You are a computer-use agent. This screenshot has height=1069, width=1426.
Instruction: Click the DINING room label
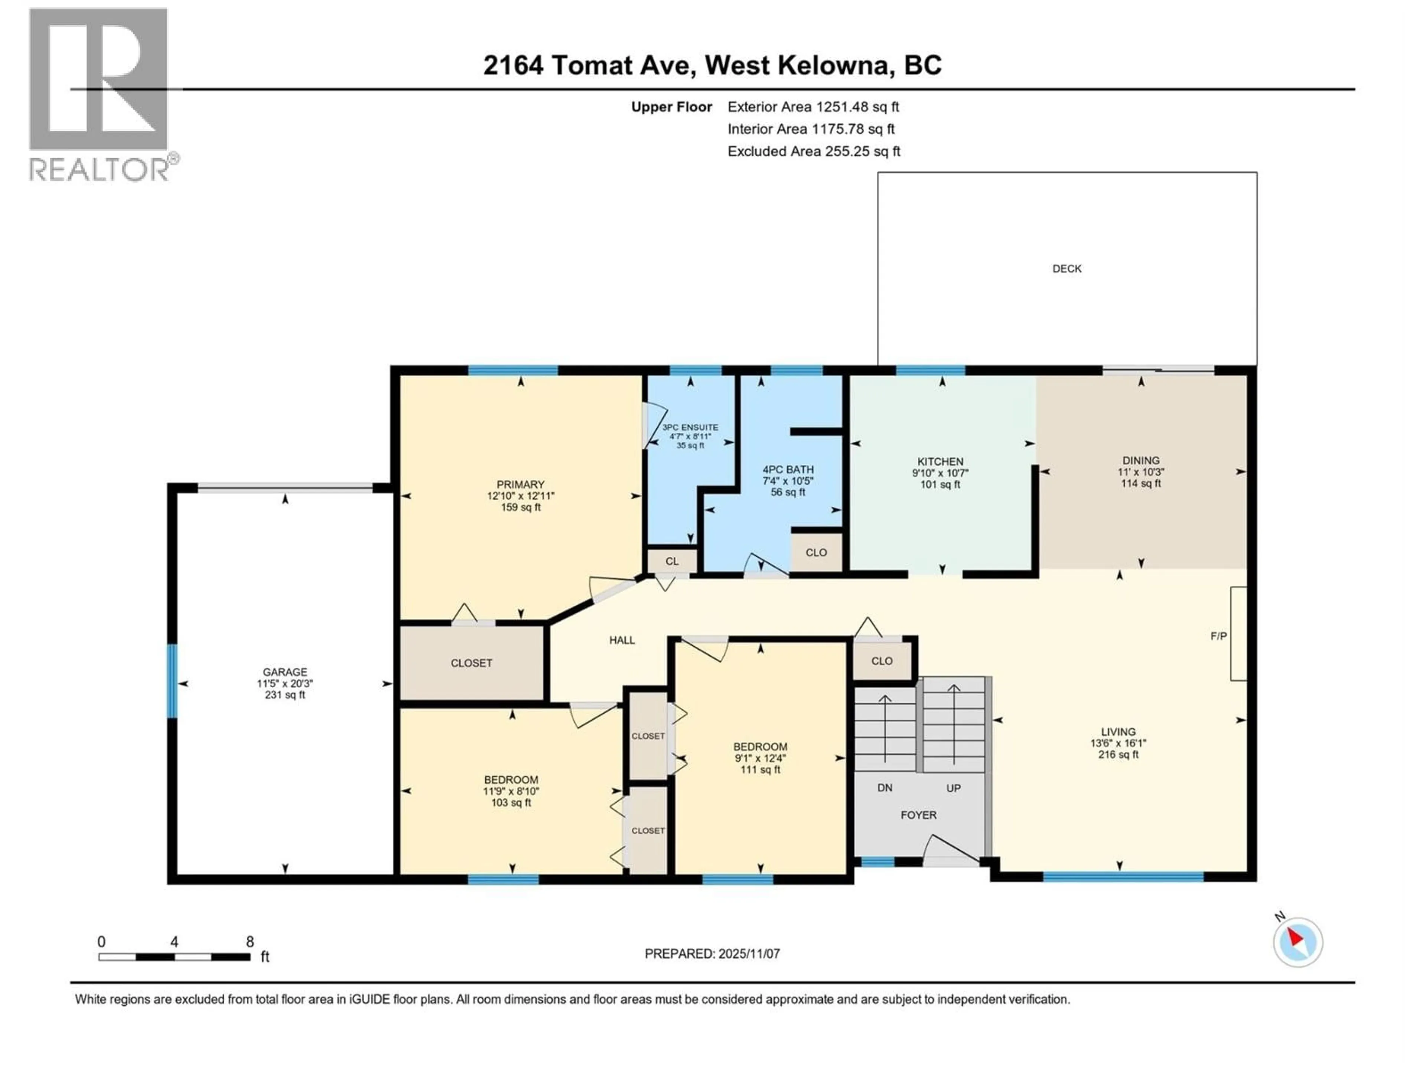point(1140,460)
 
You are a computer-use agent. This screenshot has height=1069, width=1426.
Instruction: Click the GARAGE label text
point(284,671)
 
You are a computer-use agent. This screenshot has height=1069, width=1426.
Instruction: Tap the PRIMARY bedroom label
point(520,484)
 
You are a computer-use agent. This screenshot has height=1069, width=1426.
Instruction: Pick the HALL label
point(622,640)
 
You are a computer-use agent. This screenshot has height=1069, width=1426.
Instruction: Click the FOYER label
point(918,815)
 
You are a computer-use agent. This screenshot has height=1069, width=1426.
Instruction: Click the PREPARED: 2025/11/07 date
point(712,954)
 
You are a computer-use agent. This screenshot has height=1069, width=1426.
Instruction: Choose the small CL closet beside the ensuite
point(672,561)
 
